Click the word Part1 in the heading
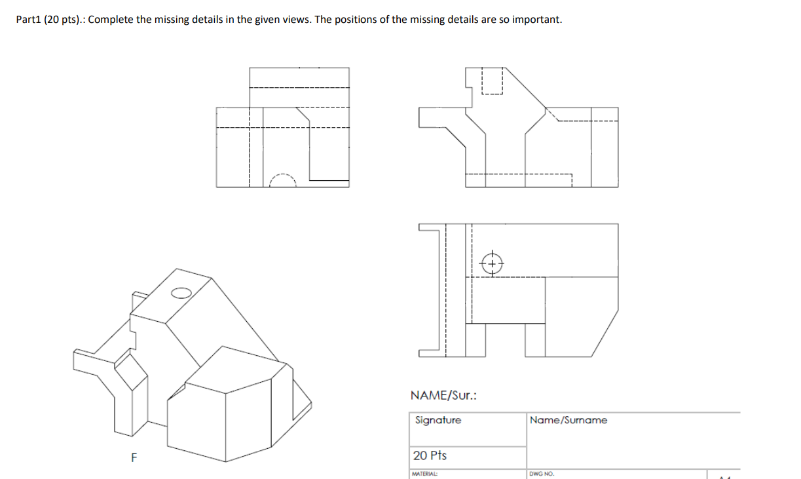coord(29,19)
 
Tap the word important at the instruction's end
coord(537,19)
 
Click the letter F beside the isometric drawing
coord(133,458)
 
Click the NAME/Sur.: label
coord(443,395)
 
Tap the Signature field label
coord(438,420)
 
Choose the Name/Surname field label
coord(568,420)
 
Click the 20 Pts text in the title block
coord(430,455)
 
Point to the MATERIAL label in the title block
coord(424,473)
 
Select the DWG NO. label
coord(542,473)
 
